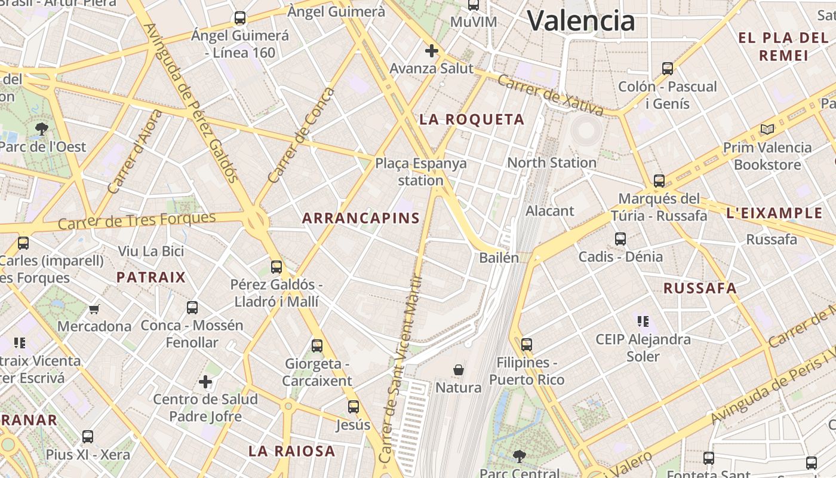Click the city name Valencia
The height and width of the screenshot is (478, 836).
coord(580,21)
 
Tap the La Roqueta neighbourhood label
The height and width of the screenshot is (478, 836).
coord(472,119)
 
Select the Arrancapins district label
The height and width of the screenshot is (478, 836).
coord(361,218)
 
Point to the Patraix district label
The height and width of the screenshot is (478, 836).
coord(151,277)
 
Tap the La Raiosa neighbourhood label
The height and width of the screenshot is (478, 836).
coord(291,451)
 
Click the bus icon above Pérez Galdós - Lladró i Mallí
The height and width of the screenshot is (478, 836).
coord(276,266)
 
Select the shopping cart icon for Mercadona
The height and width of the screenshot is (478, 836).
coord(94,309)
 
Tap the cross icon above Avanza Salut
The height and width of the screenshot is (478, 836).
coord(431,51)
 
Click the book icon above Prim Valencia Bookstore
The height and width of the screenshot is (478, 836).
coord(767,129)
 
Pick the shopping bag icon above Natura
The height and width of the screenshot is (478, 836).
coord(458,370)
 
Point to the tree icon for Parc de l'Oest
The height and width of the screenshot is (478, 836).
coord(42,128)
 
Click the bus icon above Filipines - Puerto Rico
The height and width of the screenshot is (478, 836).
coord(526,344)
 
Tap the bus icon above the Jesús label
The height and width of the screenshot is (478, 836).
coord(353,407)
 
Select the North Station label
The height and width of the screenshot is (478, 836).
coord(551,163)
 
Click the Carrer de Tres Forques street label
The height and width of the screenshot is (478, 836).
coord(137,220)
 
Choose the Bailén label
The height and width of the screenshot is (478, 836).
coord(499,258)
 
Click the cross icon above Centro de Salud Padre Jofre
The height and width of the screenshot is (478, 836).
coord(205,381)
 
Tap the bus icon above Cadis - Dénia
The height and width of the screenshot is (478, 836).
coord(620,239)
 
